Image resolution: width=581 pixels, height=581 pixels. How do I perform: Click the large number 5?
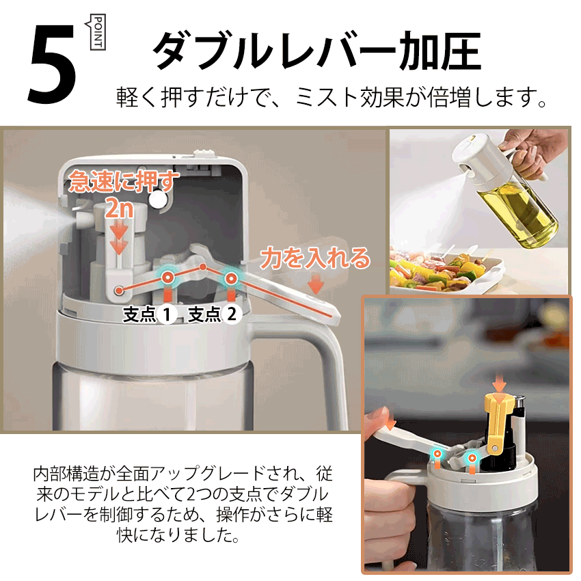(52, 64)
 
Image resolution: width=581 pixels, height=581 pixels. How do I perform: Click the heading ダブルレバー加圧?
(317, 51)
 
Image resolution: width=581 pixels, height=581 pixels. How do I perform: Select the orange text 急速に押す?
(124, 181)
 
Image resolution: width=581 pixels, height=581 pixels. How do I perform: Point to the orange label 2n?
(120, 208)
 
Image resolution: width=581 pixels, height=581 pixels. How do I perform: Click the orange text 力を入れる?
(315, 258)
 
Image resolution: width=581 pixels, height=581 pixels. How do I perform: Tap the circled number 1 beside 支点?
(167, 314)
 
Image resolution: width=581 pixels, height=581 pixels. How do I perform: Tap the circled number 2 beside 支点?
(232, 314)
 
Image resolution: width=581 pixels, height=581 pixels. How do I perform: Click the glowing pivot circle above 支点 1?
(167, 277)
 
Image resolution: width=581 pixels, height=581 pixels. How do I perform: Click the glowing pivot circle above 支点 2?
(231, 278)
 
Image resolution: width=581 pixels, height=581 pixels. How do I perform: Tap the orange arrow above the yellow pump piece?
(498, 386)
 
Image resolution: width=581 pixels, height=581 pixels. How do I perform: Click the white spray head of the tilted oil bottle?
(482, 157)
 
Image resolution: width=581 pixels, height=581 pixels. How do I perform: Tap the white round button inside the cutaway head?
(158, 199)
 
